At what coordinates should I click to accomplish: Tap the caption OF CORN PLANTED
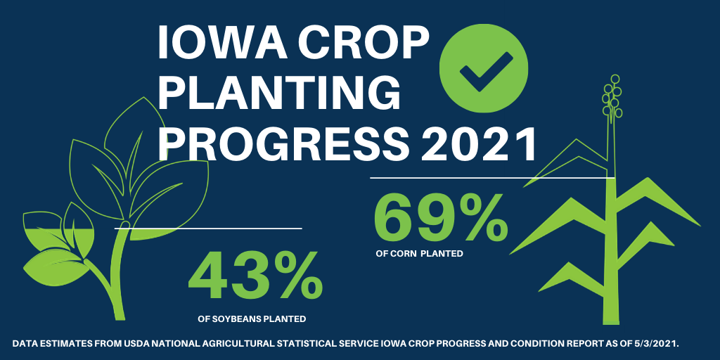tap(419, 253)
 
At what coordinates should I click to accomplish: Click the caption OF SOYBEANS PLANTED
tap(252, 319)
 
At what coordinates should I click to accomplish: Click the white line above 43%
tap(208, 228)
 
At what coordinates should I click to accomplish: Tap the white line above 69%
tap(492, 178)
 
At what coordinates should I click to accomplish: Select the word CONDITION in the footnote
tap(528, 344)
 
